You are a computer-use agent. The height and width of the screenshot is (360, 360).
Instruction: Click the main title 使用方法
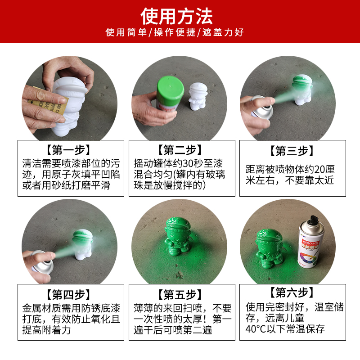tap(176, 16)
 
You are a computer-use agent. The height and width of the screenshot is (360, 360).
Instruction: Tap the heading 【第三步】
tap(292, 151)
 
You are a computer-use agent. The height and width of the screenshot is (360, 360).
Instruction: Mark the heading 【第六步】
tap(292, 293)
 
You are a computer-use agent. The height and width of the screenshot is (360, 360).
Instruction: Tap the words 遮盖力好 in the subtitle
tap(224, 32)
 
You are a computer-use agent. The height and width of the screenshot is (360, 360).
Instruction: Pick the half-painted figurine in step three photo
tap(302, 92)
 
